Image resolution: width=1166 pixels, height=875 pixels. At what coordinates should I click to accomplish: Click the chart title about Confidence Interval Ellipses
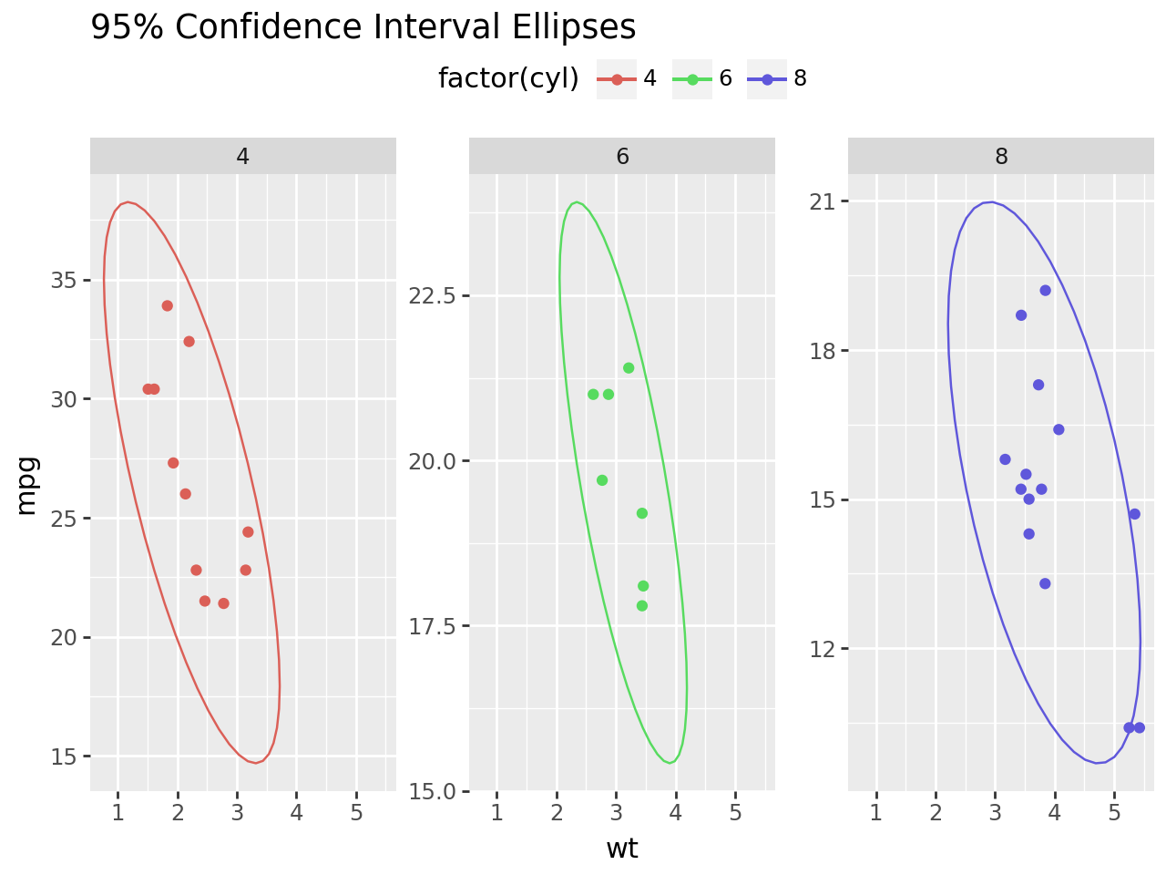363,27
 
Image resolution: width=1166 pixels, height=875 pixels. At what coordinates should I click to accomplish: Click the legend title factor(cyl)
508,78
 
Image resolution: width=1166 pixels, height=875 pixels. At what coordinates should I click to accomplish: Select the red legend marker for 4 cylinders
617,79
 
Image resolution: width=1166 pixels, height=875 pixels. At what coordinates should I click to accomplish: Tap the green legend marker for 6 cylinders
692,79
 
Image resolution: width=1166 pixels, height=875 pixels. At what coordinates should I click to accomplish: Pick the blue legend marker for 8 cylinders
767,79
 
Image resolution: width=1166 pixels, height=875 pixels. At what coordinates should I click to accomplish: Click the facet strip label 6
622,157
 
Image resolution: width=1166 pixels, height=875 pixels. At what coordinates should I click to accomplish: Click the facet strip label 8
1001,157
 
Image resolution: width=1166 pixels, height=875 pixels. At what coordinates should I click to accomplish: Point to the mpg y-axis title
27,485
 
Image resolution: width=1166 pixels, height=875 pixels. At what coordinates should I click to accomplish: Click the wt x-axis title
622,849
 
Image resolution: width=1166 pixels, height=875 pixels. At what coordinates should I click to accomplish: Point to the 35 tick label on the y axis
64,280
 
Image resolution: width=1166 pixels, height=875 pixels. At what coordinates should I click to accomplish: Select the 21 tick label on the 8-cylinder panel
823,201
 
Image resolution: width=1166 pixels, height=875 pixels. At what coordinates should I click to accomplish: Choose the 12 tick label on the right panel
823,649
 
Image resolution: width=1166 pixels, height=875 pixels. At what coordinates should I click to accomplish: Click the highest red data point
168,305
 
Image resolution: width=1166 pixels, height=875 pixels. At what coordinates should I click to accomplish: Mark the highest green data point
629,368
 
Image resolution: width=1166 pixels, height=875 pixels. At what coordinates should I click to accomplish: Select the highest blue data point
1046,291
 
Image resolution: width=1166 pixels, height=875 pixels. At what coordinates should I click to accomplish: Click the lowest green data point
642,606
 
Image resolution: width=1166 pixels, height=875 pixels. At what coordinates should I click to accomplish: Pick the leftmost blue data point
1005,459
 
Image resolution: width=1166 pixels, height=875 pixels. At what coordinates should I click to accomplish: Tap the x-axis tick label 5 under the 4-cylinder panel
356,813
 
